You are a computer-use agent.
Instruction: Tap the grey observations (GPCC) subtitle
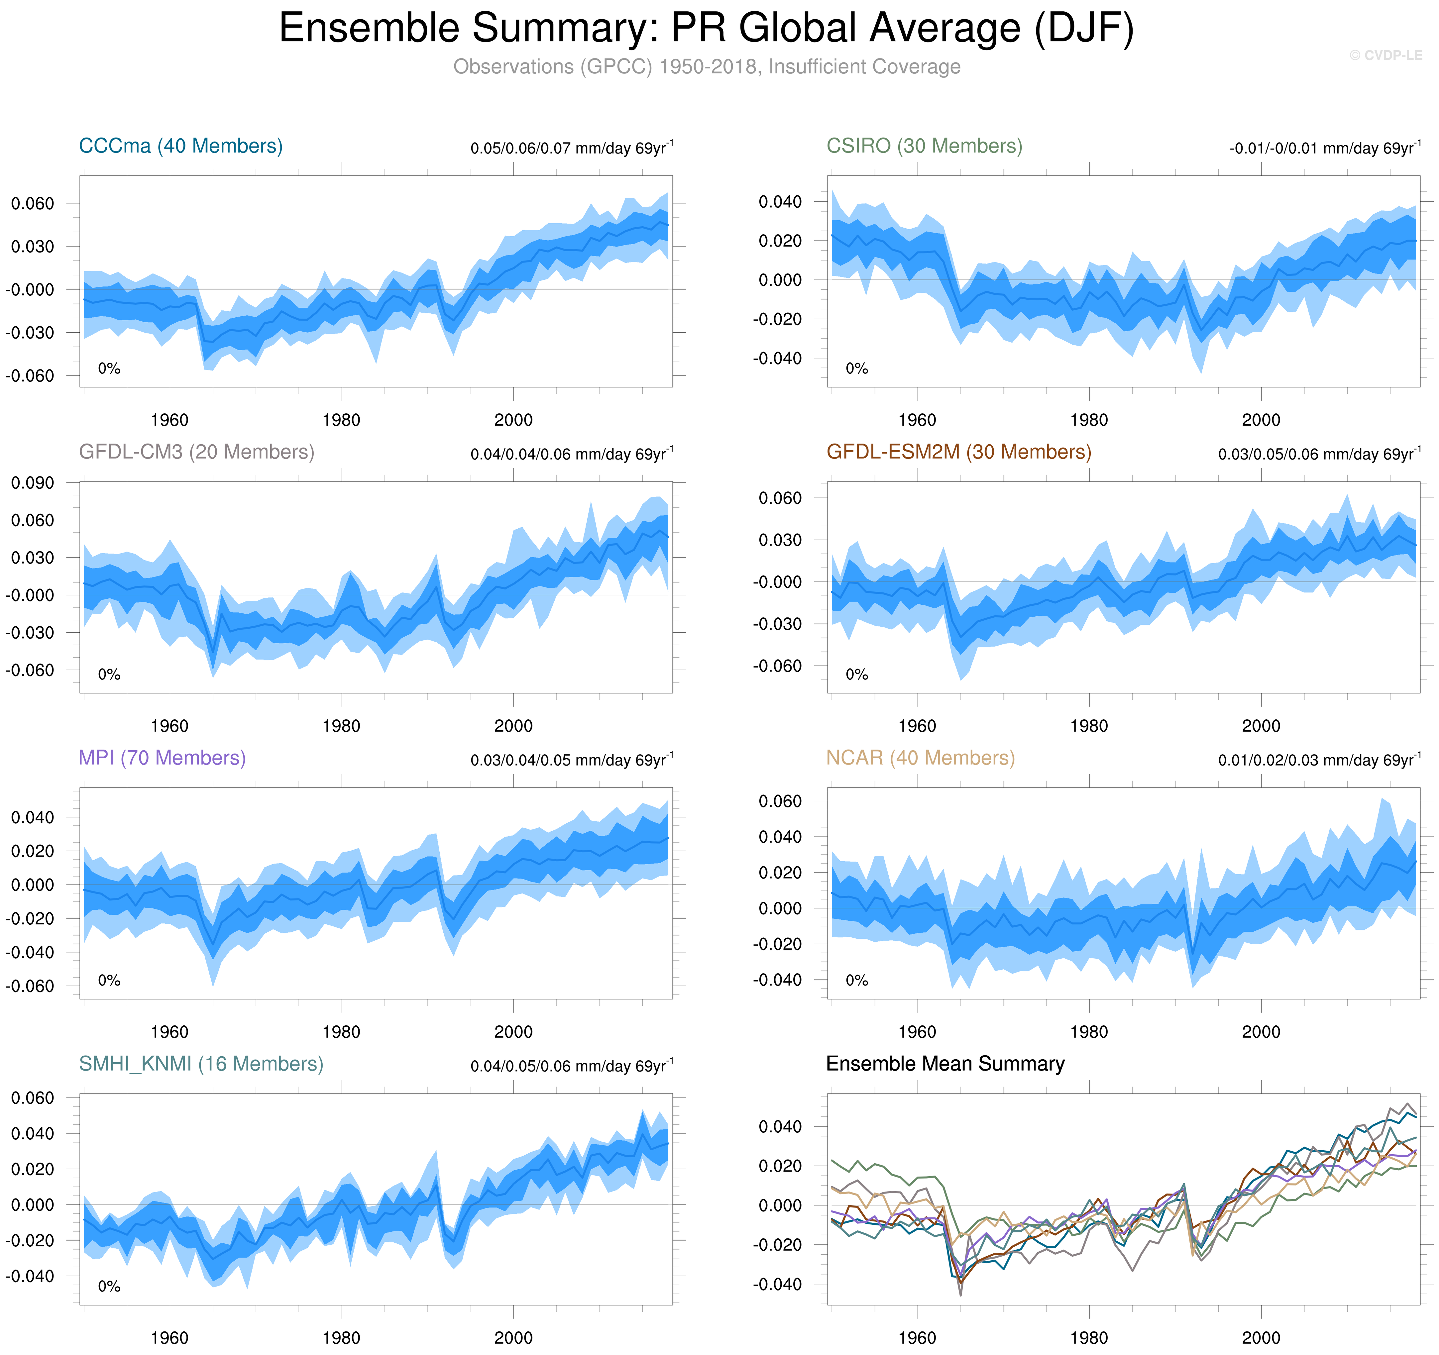pyautogui.click(x=707, y=66)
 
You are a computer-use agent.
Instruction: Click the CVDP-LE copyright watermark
pyautogui.click(x=1385, y=55)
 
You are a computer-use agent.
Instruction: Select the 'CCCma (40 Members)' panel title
pyautogui.click(x=180, y=146)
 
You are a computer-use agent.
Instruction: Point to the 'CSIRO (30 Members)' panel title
pyautogui.click(x=924, y=146)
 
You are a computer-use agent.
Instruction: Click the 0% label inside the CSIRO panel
pyautogui.click(x=856, y=368)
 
